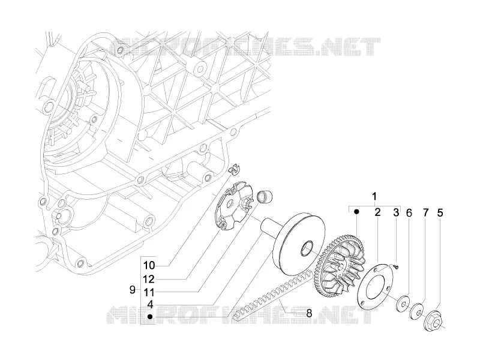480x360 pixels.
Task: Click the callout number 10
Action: pos(149,265)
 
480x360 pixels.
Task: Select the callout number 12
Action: pos(149,279)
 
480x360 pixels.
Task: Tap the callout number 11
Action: pos(149,293)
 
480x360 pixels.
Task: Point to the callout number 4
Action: pos(150,305)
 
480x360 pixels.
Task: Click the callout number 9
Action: pos(132,290)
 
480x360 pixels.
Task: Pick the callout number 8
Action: pos(309,313)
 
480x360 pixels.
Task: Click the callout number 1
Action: pos(374,196)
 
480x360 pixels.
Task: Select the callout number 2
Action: pos(377,212)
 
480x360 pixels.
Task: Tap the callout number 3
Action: pos(396,212)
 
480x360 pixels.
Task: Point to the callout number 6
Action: pos(409,213)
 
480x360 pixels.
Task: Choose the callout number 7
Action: pos(426,213)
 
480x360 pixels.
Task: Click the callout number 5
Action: pos(440,213)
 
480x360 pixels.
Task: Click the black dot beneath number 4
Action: pos(150,317)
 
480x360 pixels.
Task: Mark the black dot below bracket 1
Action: pos(356,212)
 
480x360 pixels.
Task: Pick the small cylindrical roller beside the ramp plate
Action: pos(262,197)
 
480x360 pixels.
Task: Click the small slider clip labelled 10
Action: pos(235,169)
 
